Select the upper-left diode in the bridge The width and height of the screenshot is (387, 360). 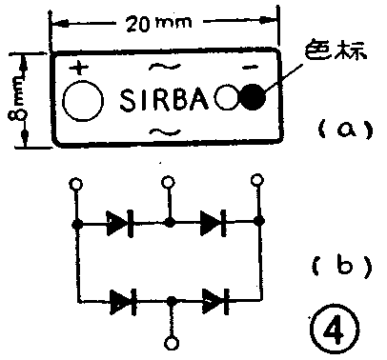click(119, 223)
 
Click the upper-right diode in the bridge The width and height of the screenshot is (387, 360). click(213, 223)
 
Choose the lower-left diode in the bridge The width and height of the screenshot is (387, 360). click(121, 301)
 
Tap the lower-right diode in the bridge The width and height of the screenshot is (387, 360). click(213, 301)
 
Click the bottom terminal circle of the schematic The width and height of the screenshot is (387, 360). click(170, 342)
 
